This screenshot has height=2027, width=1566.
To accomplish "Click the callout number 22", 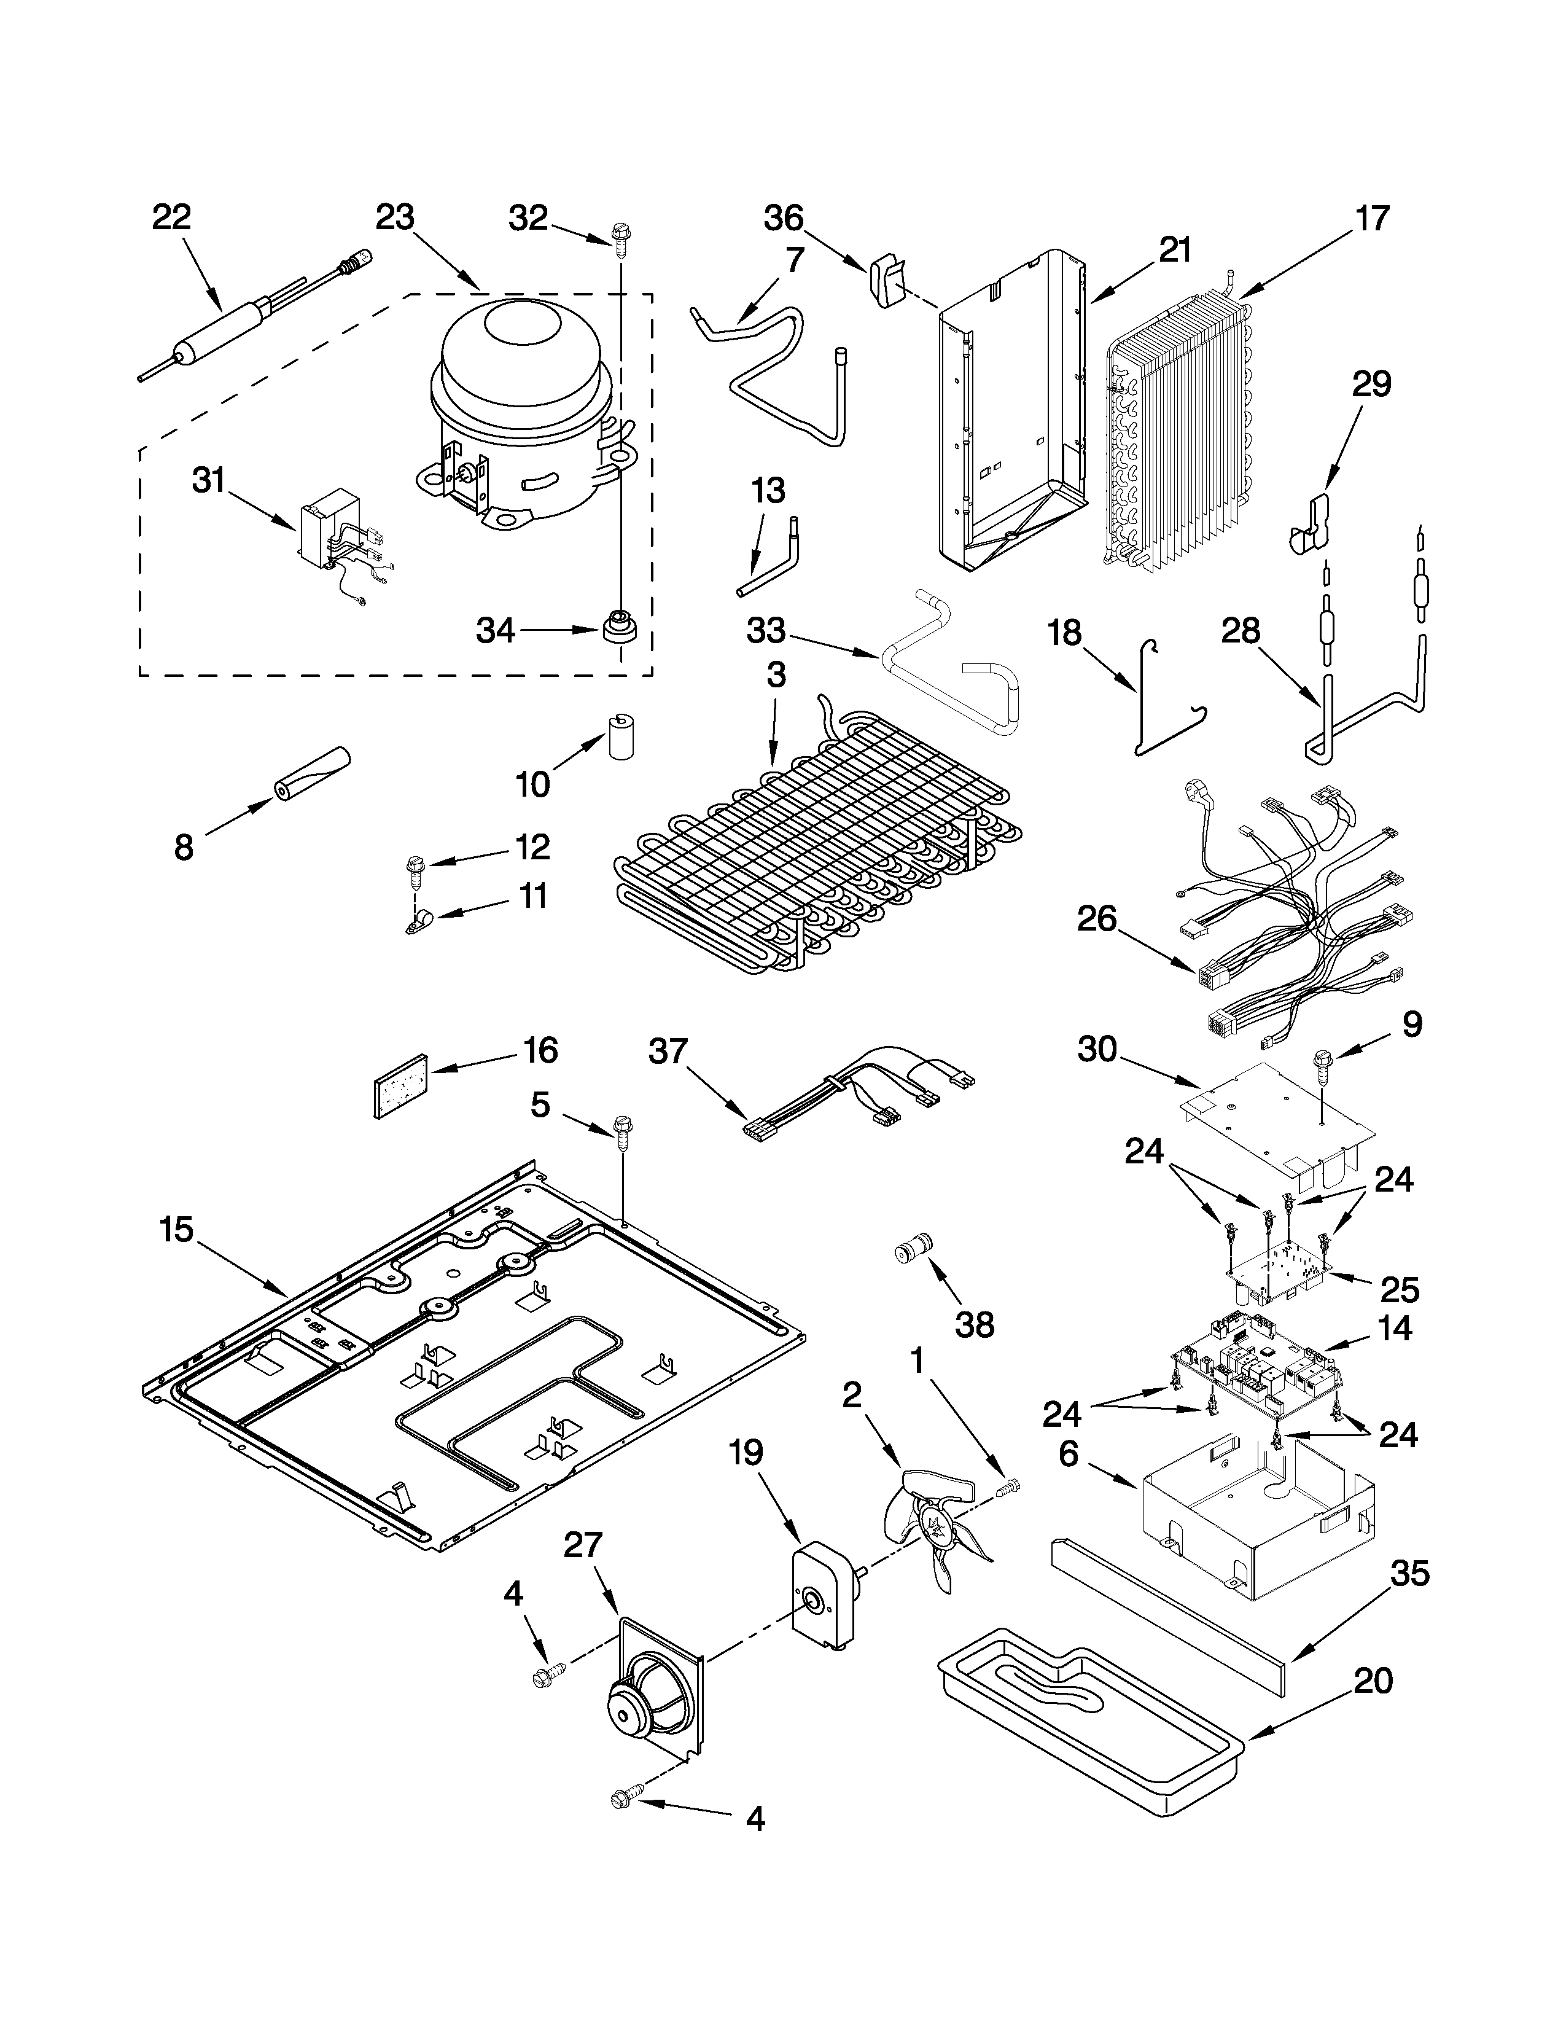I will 171,217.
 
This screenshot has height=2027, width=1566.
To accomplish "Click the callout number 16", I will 540,1050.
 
